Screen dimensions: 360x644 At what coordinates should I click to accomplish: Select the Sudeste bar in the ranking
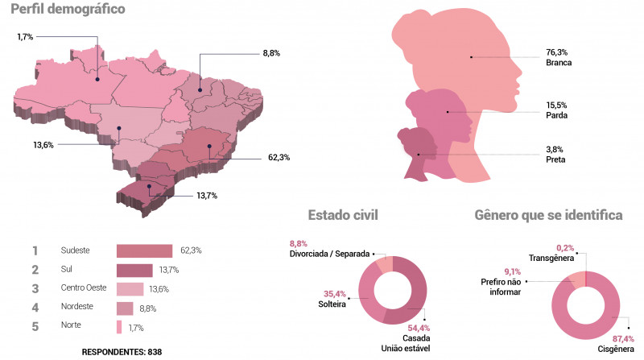click(145, 250)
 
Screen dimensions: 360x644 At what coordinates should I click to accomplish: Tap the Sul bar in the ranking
click(134, 270)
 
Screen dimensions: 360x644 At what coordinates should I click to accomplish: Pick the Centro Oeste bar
click(130, 289)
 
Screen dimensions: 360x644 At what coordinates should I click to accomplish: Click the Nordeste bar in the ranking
click(125, 308)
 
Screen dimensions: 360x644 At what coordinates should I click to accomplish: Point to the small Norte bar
click(119, 327)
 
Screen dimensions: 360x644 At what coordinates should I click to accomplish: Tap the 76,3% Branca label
click(558, 57)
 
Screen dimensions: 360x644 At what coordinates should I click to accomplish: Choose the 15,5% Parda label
click(556, 110)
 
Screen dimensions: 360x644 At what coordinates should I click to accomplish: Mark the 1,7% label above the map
click(26, 37)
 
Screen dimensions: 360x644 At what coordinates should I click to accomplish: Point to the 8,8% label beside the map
click(271, 53)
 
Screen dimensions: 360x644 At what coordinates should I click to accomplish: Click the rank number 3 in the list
click(35, 289)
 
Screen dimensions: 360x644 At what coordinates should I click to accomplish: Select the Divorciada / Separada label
click(329, 254)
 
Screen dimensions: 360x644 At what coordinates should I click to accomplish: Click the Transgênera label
click(551, 258)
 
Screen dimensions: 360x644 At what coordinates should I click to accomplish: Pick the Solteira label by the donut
click(332, 304)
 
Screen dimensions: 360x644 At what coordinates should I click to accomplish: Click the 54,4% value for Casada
click(418, 328)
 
